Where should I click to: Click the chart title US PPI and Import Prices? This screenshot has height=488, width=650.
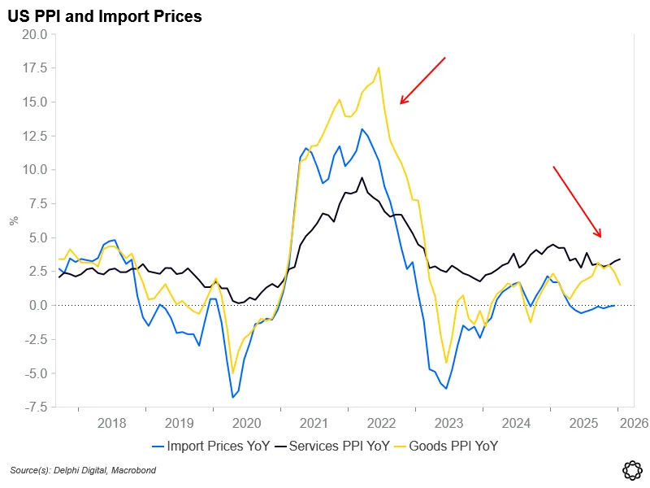click(x=105, y=15)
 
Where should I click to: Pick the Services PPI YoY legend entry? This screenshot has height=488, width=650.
click(x=332, y=446)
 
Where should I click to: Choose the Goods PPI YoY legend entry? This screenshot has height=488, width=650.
click(x=448, y=446)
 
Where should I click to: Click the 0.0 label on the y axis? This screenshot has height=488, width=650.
click(x=37, y=305)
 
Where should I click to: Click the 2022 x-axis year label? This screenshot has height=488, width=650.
click(x=381, y=423)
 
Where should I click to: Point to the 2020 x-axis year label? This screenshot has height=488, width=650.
click(x=246, y=423)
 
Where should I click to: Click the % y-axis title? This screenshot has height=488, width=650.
click(x=12, y=220)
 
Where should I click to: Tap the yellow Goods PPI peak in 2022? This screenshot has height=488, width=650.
click(x=379, y=68)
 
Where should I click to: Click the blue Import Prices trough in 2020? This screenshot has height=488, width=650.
click(x=232, y=397)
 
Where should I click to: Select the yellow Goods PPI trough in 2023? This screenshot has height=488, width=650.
click(x=446, y=362)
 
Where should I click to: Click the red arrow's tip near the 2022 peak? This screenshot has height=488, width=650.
click(x=400, y=103)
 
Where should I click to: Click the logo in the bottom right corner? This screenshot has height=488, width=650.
click(x=630, y=469)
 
